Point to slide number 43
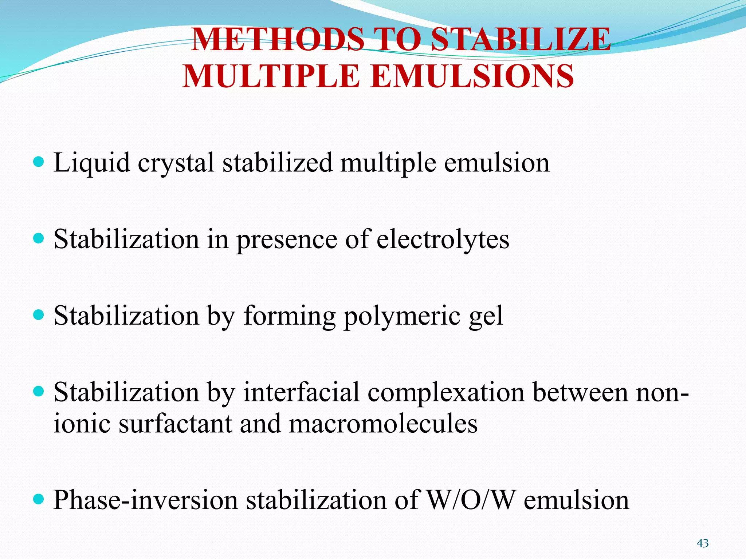[703, 543]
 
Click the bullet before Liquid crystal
[38, 162]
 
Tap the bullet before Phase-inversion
[38, 499]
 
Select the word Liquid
[92, 163]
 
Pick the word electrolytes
[443, 240]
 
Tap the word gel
[486, 316]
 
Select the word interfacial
[302, 392]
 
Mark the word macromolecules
[383, 424]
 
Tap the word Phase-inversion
[146, 500]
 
